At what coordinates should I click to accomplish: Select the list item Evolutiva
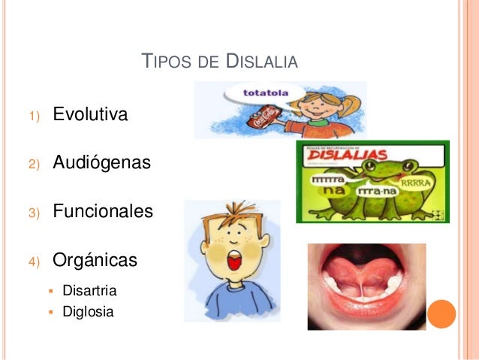[90, 115]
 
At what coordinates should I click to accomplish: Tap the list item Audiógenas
[101, 162]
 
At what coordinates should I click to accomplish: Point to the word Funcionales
[103, 211]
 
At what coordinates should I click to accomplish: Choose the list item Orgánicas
[95, 261]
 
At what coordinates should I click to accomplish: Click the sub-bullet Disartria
[90, 290]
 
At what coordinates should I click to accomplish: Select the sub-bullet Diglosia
[89, 310]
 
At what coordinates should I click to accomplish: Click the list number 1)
[33, 116]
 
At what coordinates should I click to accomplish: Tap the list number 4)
[33, 262]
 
